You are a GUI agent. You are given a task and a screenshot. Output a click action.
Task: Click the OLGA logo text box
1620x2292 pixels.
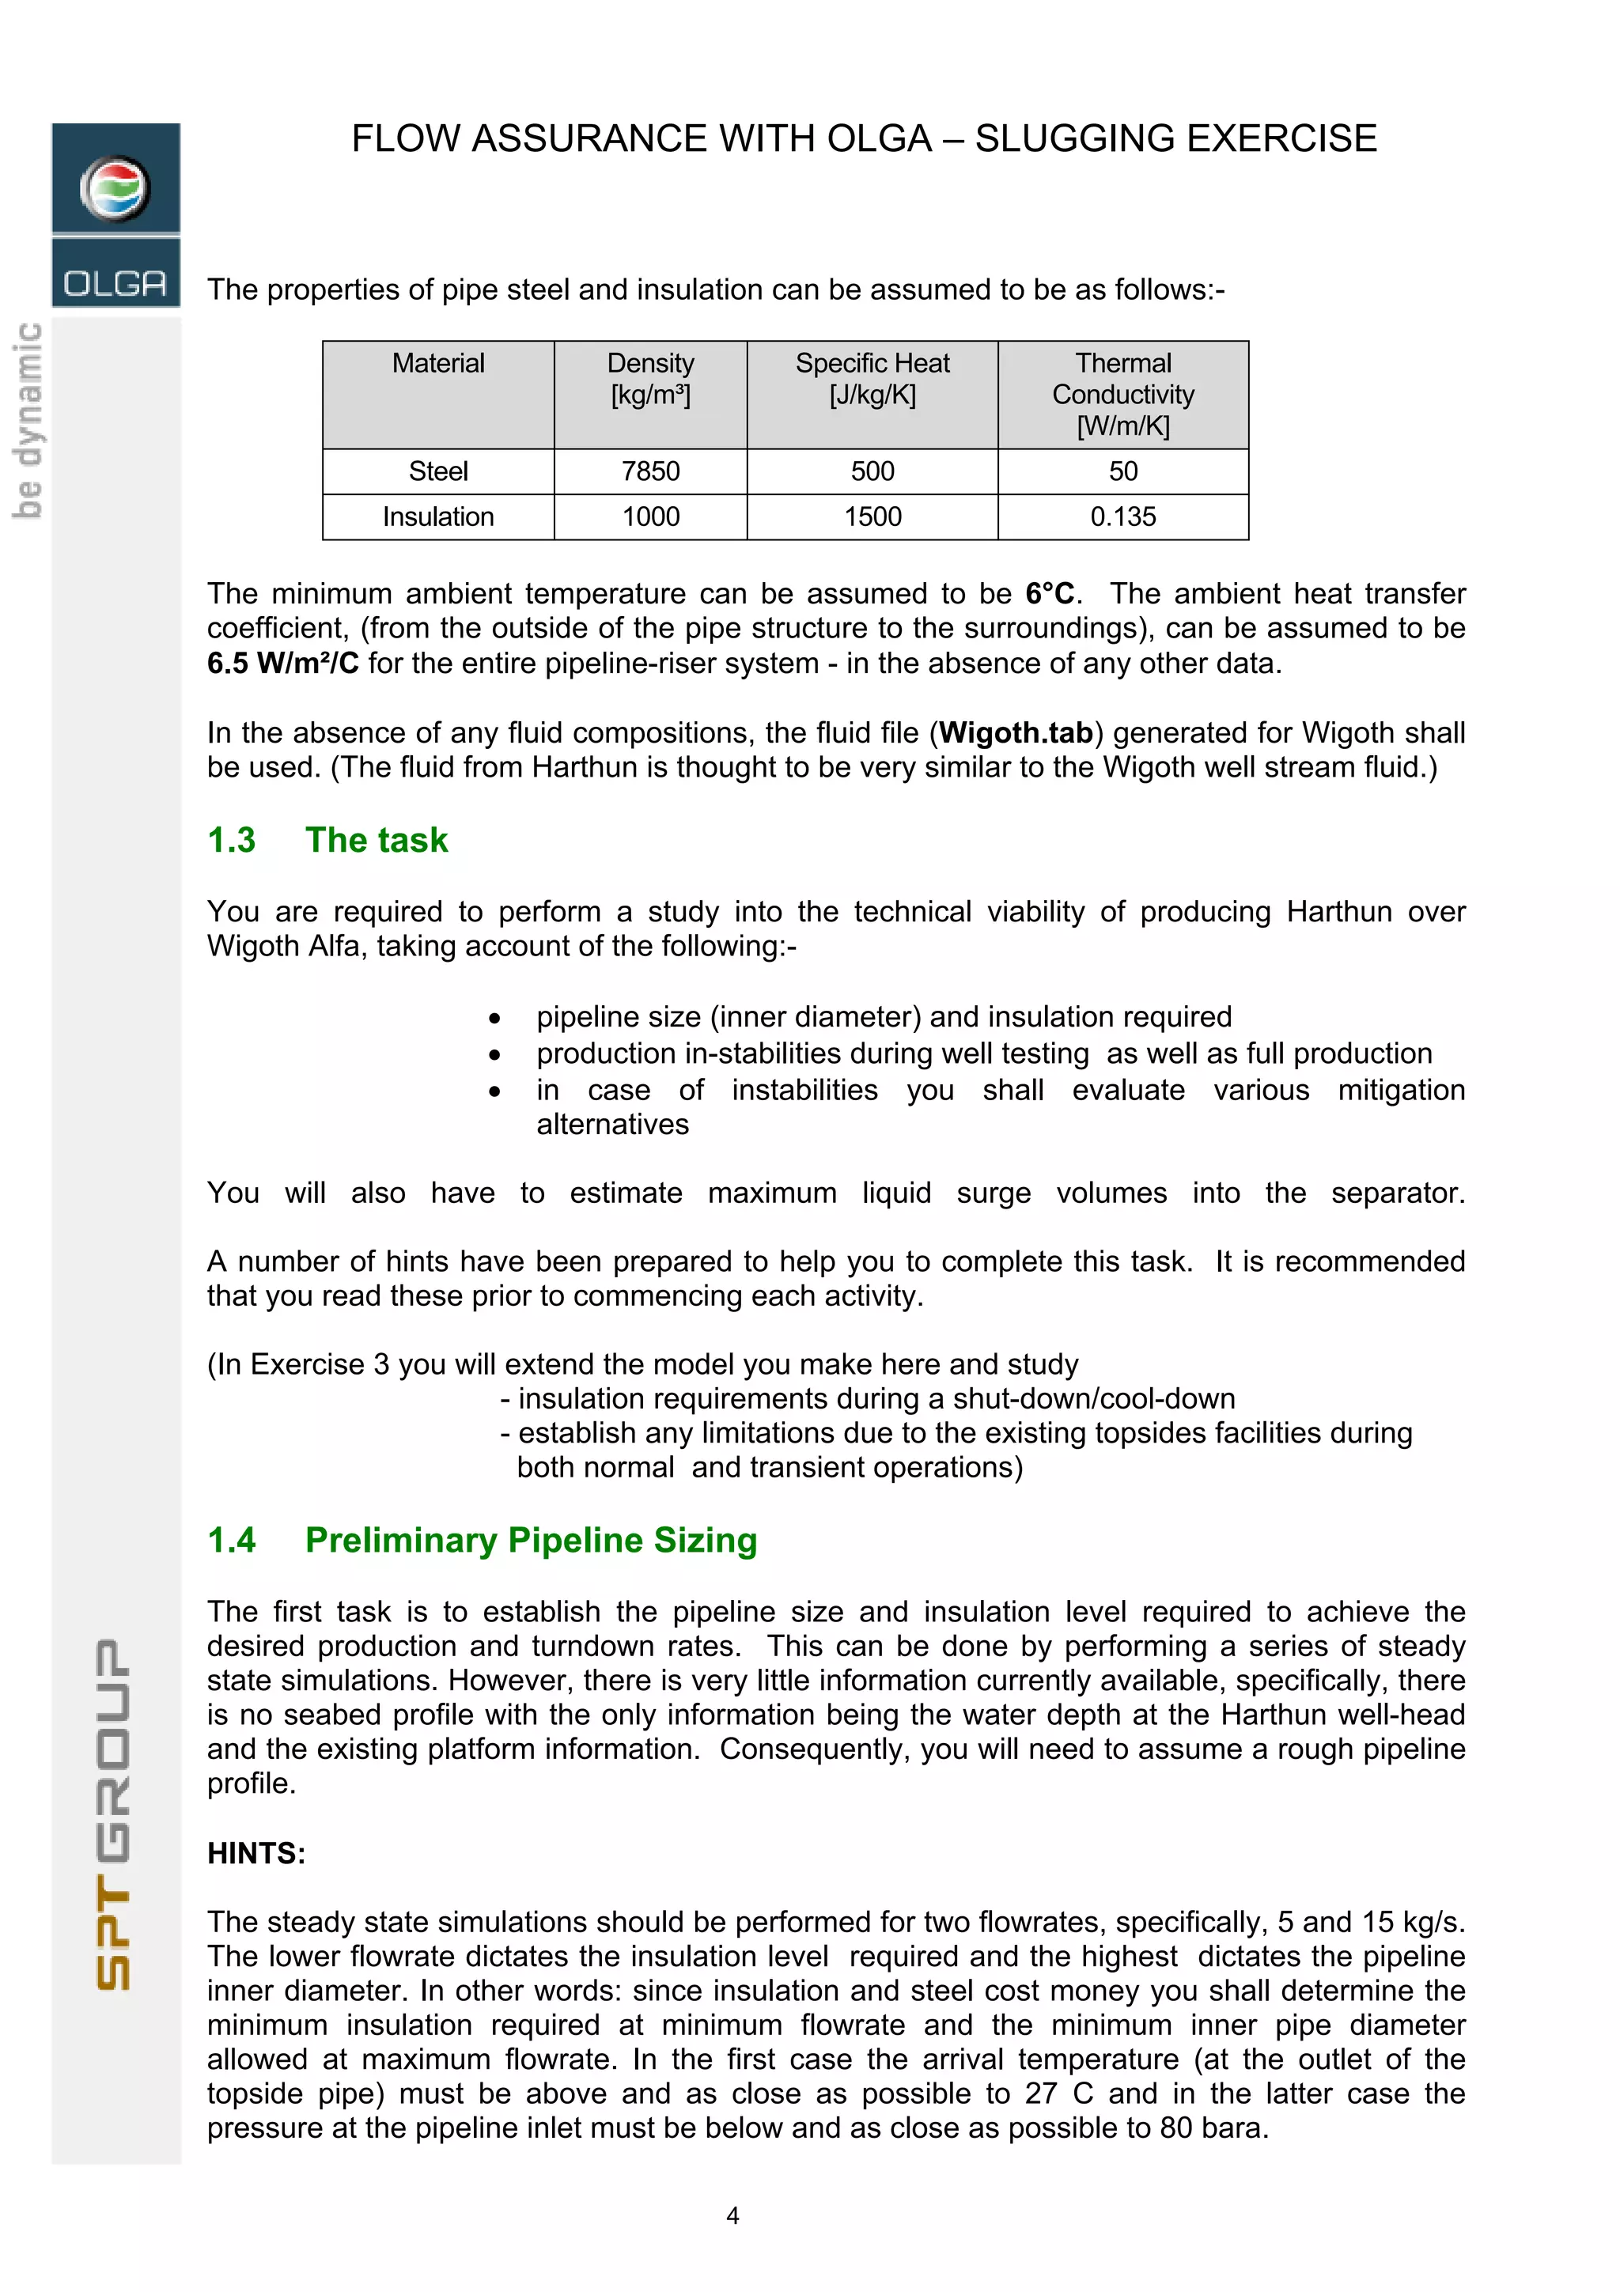pos(115,282)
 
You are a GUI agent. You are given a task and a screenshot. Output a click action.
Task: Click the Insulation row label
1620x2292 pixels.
pos(437,516)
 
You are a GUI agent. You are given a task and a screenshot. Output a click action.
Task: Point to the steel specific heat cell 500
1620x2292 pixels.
pos(872,471)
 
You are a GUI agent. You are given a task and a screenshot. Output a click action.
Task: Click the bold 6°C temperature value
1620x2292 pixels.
pos(1049,594)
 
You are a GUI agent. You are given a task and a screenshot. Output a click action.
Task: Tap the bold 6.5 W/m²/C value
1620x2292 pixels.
pos(282,663)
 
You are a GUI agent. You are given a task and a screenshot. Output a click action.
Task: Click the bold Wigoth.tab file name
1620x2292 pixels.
pos(1015,732)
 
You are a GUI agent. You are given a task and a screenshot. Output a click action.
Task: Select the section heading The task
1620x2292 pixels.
pos(377,840)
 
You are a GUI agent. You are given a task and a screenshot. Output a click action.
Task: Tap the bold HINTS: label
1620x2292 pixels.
pos(255,1853)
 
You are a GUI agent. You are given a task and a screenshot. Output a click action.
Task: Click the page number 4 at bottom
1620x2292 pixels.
pos(732,2215)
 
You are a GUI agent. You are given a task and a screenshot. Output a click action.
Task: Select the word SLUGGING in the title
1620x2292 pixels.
pos(1068,138)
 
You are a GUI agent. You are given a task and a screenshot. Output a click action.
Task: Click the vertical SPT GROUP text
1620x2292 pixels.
pos(114,1813)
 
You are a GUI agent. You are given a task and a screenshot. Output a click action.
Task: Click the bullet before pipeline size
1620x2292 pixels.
pos(494,1018)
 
